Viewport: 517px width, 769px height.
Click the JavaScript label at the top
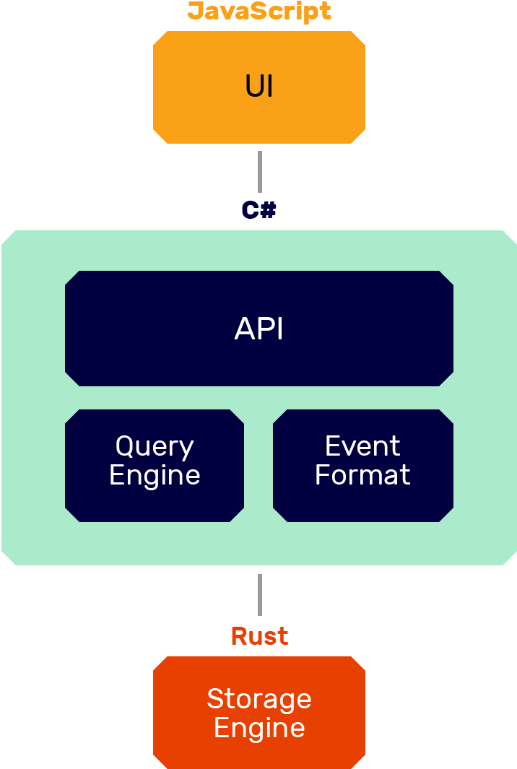click(x=259, y=12)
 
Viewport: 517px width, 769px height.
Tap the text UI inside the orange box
click(x=259, y=87)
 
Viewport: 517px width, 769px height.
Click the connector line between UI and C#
click(x=259, y=172)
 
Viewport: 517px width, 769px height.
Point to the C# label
click(x=258, y=210)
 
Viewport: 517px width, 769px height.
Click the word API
click(x=259, y=329)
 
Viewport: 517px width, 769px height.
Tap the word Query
click(x=155, y=447)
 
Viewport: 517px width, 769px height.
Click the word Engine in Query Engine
click(x=155, y=476)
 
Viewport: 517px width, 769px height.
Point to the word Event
click(x=362, y=446)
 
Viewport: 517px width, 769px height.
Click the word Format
click(x=362, y=475)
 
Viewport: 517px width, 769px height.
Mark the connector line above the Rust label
click(x=259, y=595)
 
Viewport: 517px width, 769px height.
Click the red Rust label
click(x=259, y=636)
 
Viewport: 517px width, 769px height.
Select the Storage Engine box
click(x=259, y=751)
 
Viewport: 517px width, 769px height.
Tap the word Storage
click(x=259, y=699)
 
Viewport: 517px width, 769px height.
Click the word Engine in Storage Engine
click(x=259, y=728)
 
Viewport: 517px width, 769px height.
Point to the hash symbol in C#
click(x=268, y=210)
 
